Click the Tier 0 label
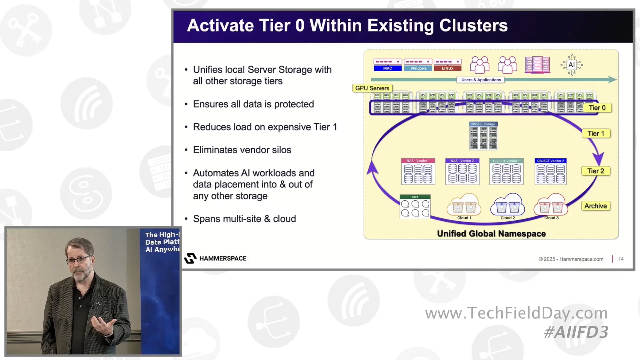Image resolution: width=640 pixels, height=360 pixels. (597, 108)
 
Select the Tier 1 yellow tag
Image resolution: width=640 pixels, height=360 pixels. (596, 133)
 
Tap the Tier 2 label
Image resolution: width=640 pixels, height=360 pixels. (596, 171)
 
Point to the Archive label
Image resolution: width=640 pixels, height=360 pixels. (596, 206)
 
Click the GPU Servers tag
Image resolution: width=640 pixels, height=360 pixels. (372, 88)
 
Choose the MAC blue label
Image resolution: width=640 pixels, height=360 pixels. (388, 68)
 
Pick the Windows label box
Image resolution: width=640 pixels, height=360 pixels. (418, 68)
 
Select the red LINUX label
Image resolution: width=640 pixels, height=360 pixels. (448, 68)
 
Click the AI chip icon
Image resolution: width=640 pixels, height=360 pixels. (571, 65)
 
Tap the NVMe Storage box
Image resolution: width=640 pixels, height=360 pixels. (483, 136)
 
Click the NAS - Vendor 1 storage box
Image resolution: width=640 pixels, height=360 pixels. (418, 172)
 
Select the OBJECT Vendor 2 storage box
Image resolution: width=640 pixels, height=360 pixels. (550, 172)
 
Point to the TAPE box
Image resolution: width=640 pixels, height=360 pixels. (415, 207)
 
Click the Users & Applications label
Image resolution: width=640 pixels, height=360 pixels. (481, 80)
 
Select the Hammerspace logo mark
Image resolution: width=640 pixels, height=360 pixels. (190, 258)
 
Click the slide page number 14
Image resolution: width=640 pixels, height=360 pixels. (621, 259)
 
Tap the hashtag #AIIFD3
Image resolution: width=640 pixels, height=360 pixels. (576, 332)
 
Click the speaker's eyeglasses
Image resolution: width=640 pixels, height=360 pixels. (79, 260)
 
